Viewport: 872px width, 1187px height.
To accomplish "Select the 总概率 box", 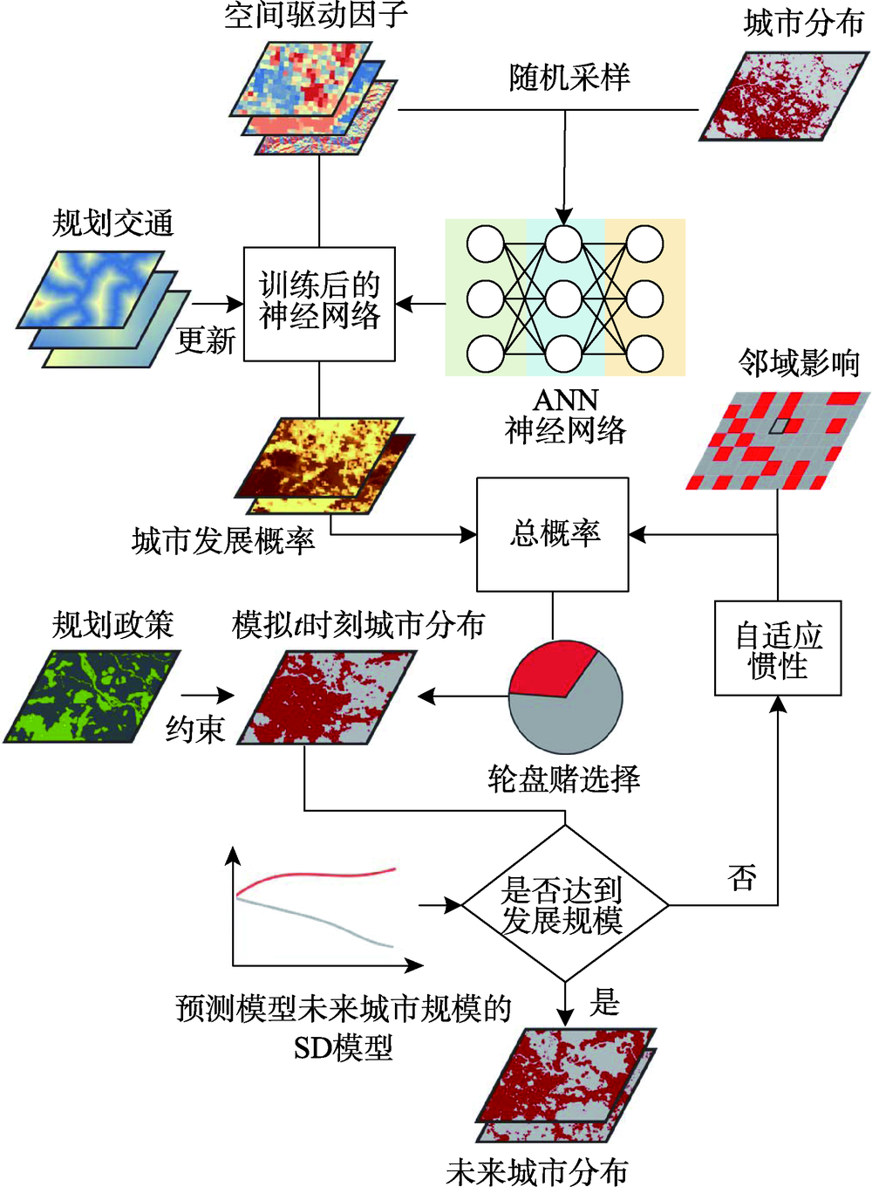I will click(552, 533).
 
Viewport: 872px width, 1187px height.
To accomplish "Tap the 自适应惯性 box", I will click(778, 648).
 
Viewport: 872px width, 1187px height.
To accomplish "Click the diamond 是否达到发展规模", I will click(565, 904).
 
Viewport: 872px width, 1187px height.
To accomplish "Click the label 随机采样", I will click(569, 78).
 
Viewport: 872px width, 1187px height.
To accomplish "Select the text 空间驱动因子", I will click(316, 15).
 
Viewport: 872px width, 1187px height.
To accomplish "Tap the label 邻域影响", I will click(799, 362).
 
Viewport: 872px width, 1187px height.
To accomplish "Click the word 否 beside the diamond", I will click(742, 877).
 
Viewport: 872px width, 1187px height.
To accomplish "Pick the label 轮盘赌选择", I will click(564, 778).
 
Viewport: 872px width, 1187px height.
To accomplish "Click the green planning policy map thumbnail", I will click(91, 696).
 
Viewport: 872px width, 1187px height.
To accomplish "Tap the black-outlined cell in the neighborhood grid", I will click(779, 426).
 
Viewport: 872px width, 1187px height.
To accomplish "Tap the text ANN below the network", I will click(565, 400).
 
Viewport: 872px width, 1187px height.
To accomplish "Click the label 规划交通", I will click(113, 223).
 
